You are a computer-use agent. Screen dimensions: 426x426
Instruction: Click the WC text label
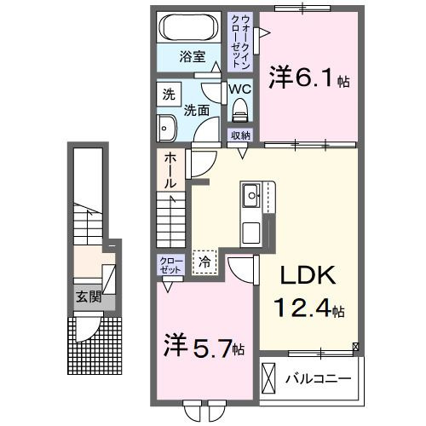click(239, 89)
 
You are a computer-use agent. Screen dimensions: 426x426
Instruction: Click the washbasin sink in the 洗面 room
click(165, 129)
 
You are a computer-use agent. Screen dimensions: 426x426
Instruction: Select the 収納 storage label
click(240, 135)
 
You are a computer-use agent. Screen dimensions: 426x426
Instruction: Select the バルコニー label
click(319, 377)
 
